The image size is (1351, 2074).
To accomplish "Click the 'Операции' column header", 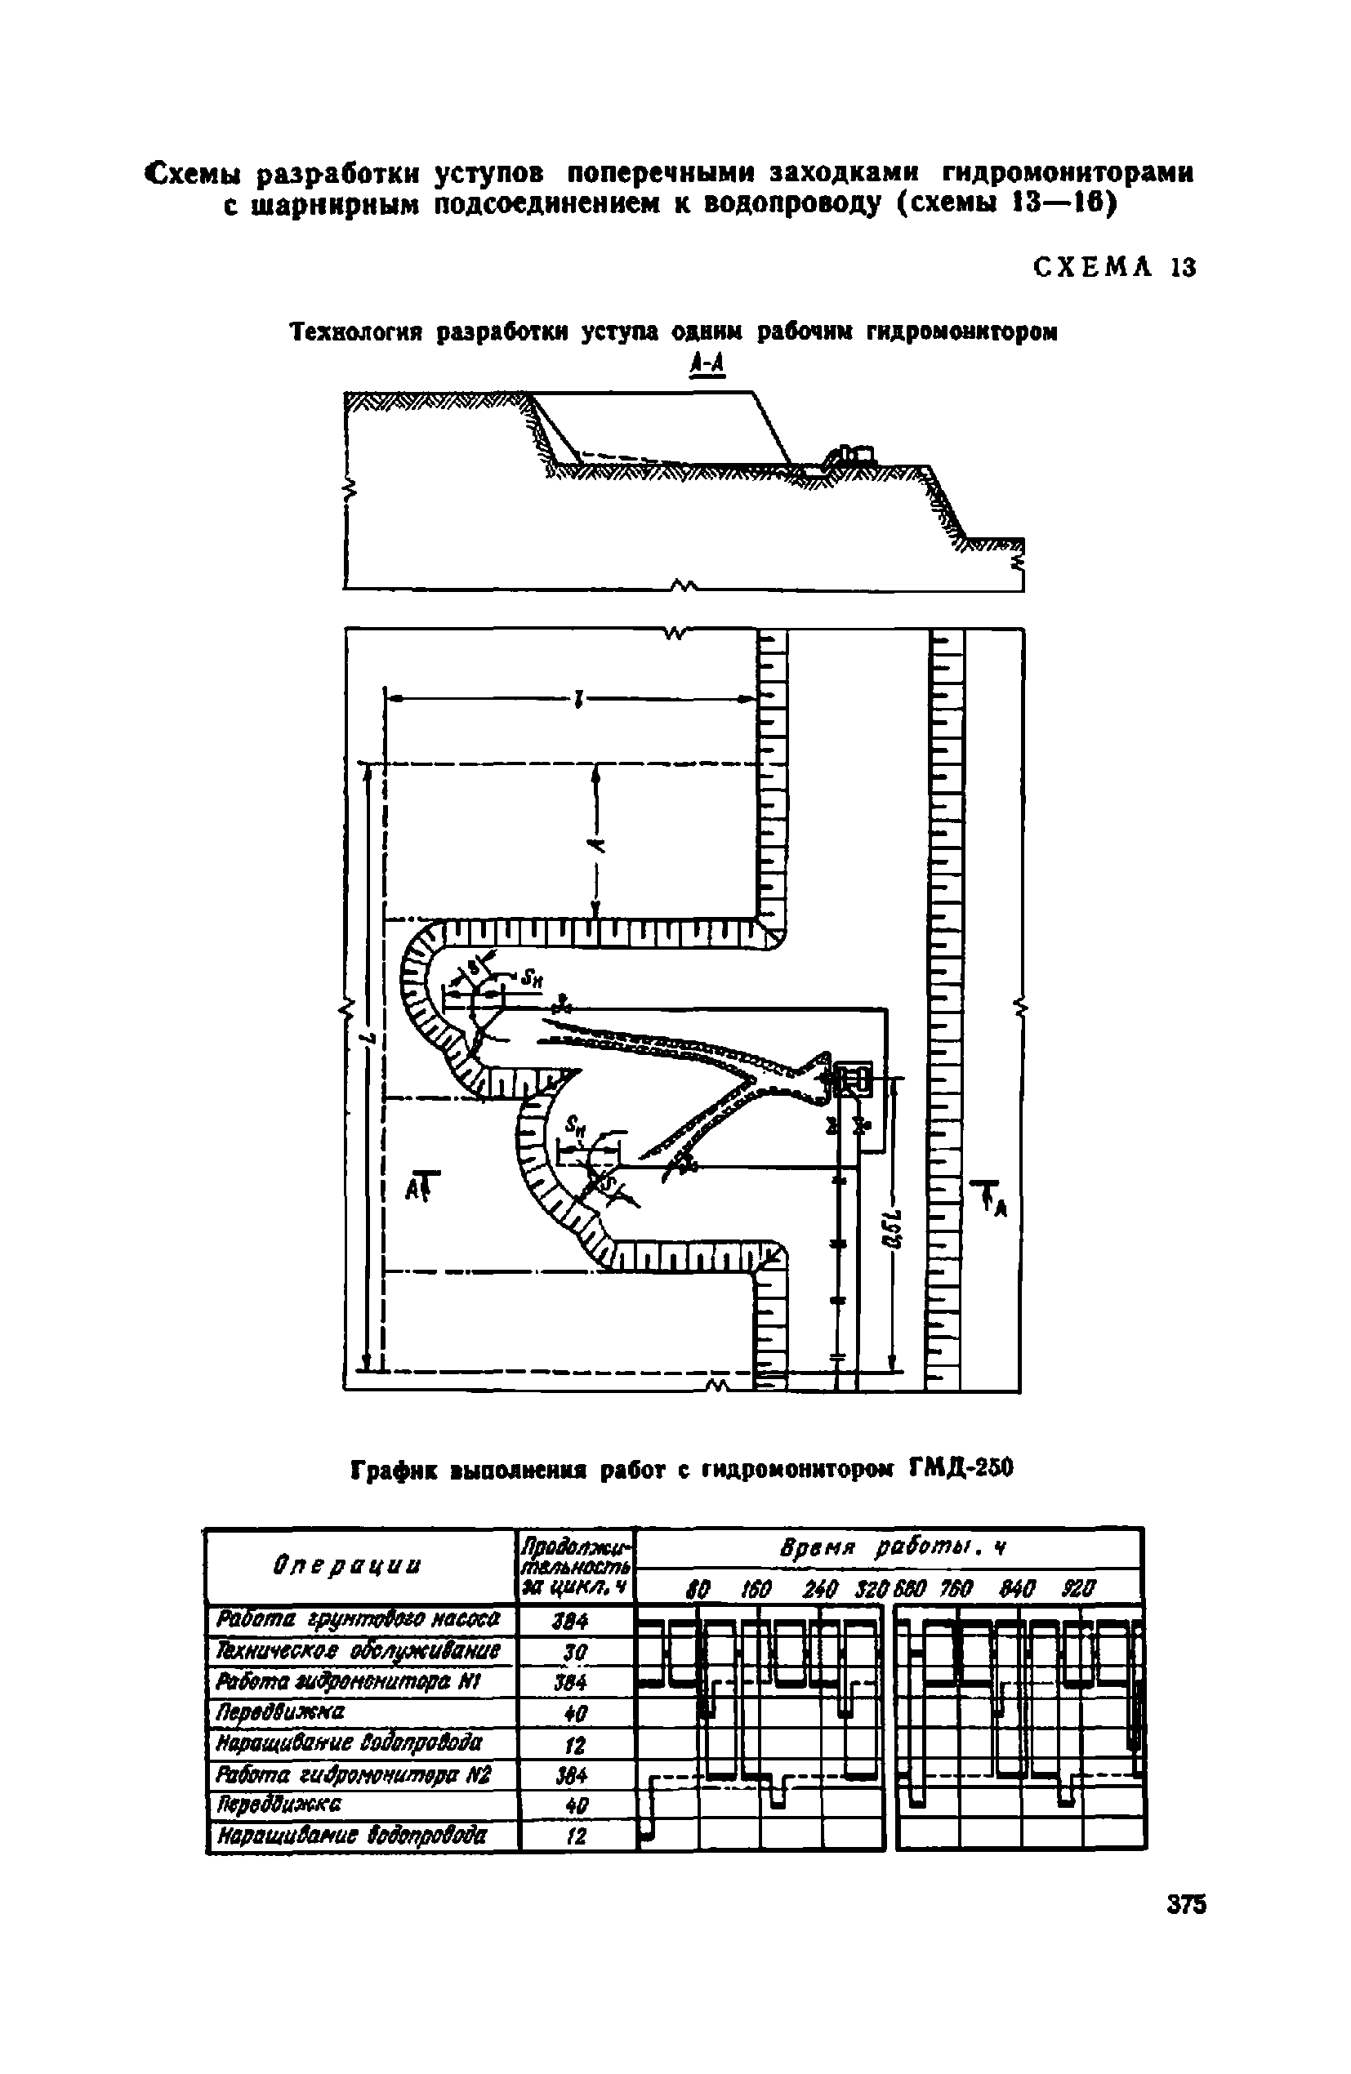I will pyautogui.click(x=359, y=1567).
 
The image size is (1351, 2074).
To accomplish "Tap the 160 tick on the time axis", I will pyautogui.click(x=756, y=1590).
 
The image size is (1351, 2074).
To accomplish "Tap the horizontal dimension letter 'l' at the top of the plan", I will pyautogui.click(x=576, y=698).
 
